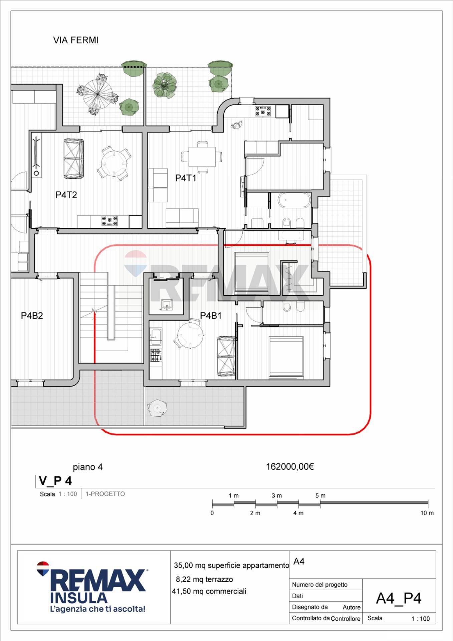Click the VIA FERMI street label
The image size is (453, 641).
(76, 40)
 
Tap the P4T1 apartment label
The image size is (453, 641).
(186, 178)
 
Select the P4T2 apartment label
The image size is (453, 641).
(66, 195)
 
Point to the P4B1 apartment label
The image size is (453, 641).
(211, 315)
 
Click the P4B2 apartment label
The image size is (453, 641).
(32, 315)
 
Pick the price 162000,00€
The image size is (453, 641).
(290, 466)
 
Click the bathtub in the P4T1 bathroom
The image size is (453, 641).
(295, 201)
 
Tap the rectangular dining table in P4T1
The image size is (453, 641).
(202, 157)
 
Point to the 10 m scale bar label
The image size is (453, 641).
(427, 513)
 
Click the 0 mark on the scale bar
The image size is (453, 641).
(212, 513)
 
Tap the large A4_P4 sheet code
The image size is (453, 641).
(399, 598)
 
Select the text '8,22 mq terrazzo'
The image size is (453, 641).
(204, 579)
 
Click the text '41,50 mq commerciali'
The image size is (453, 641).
(209, 591)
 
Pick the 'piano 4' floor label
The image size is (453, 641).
(88, 467)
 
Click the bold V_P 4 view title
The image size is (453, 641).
(55, 481)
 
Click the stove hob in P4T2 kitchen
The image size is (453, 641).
(109, 221)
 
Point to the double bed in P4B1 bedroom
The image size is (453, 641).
(286, 358)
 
